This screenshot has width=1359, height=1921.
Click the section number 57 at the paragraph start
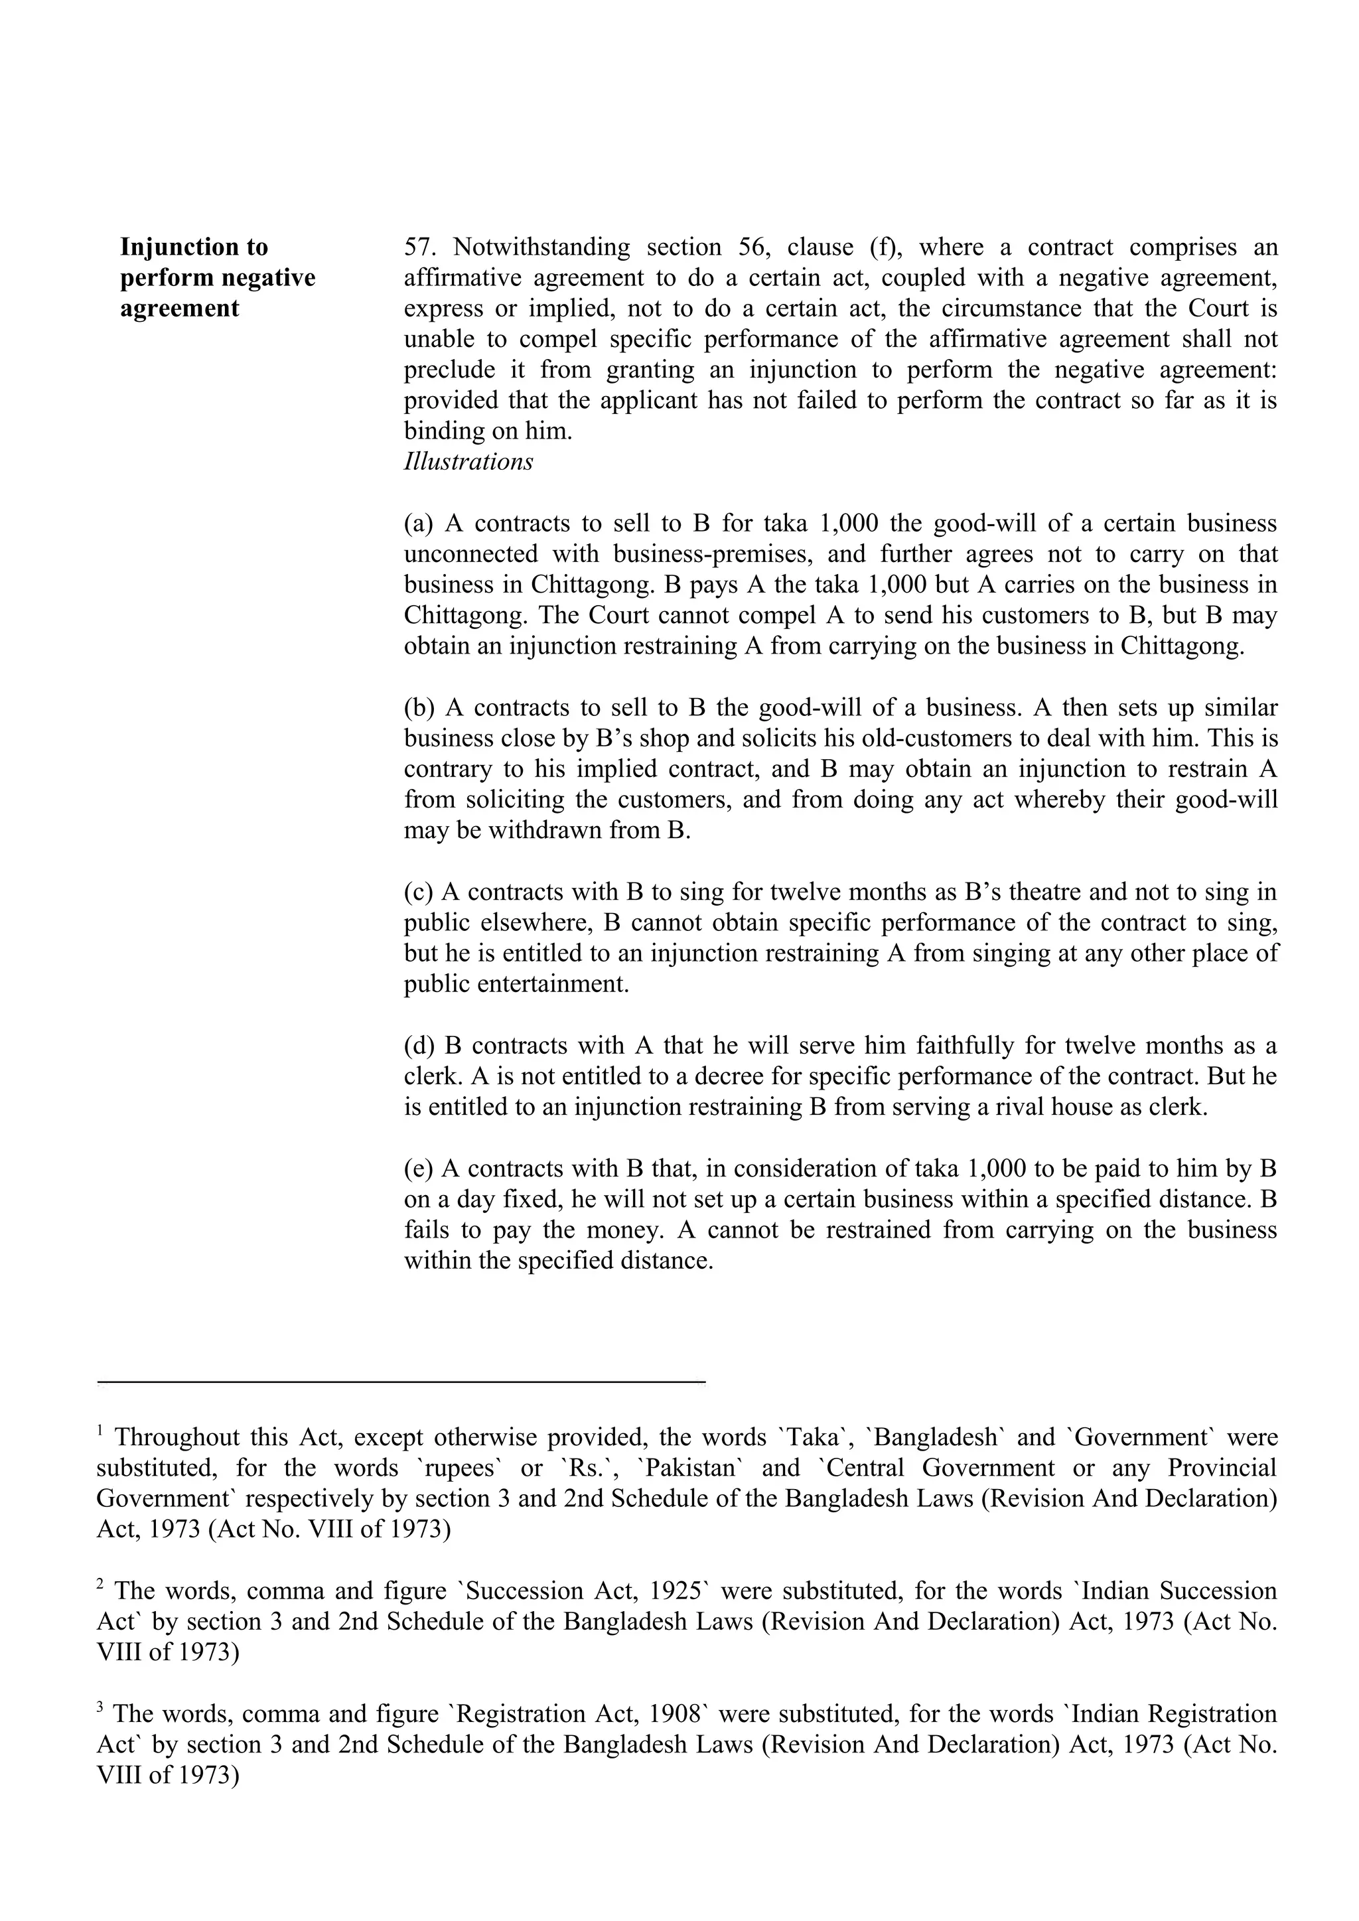419,248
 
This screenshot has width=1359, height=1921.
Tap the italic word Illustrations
468,462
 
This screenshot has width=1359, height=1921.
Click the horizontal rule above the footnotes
401,1382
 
